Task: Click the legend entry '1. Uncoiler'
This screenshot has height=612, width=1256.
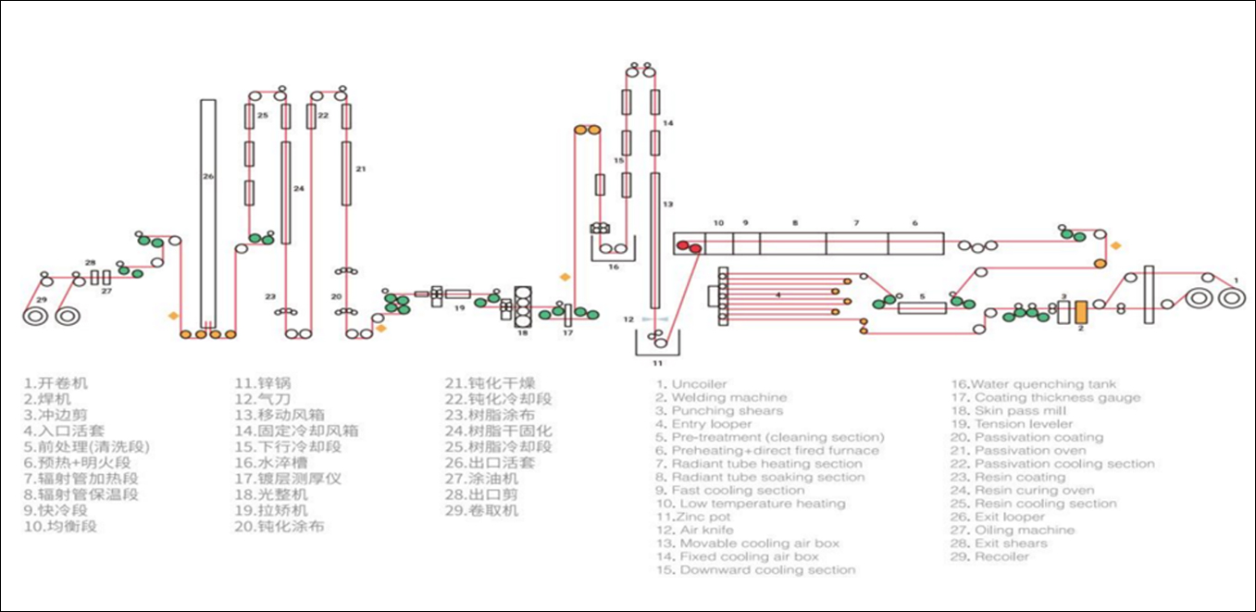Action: (691, 383)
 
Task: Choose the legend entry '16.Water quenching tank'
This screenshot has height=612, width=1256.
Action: (1034, 383)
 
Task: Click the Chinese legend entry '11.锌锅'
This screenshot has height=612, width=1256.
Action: (259, 382)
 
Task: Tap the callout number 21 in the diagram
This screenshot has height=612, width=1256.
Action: (361, 169)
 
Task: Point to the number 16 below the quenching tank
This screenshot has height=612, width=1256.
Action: (612, 267)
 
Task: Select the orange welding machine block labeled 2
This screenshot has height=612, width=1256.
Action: (1079, 312)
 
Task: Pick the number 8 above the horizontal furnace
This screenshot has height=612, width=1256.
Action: (793, 223)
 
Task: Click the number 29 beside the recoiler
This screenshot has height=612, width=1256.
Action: (41, 300)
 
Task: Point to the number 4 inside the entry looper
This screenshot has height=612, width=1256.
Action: (778, 295)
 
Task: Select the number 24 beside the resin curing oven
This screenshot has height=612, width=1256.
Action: (298, 188)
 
